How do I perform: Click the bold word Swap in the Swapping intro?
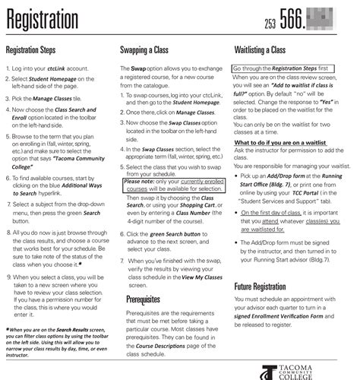pos(140,69)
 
